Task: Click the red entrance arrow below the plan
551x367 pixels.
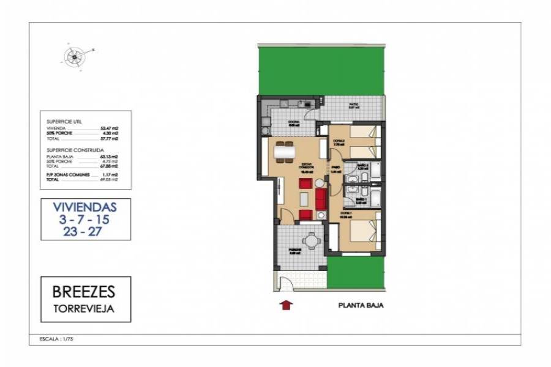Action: click(286, 304)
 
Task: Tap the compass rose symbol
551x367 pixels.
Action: click(73, 57)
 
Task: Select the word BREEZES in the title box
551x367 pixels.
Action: click(86, 289)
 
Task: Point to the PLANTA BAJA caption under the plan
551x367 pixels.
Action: click(361, 305)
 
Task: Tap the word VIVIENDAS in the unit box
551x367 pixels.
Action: click(85, 206)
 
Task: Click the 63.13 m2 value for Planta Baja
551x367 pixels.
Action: click(109, 157)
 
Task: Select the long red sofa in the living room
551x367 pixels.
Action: click(321, 198)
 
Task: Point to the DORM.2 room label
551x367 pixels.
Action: click(338, 141)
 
